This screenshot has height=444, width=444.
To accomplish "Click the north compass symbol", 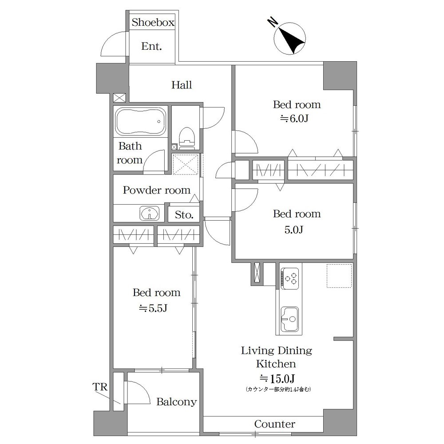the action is [289, 38].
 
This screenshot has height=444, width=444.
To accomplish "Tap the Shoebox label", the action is [153, 22].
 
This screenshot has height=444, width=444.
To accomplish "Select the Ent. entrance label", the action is [151, 46].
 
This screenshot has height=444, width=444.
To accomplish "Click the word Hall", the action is [182, 85].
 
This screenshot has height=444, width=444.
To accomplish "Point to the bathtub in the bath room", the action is [141, 121].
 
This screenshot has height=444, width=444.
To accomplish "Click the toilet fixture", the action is [186, 138].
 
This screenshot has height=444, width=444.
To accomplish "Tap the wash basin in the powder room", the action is [149, 213].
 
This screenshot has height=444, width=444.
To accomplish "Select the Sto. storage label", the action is [184, 214].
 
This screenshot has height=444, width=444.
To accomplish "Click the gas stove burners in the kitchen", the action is [289, 278].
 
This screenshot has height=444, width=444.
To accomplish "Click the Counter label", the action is [275, 424].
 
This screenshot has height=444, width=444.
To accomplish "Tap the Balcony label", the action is [177, 401].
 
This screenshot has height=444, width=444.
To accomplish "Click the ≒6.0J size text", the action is [294, 119].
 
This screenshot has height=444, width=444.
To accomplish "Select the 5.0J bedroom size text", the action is [294, 230].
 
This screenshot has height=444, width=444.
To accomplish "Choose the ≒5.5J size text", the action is [153, 308].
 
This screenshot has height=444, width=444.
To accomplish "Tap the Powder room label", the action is [157, 190].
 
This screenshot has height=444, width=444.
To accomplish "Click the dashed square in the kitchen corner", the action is [340, 276].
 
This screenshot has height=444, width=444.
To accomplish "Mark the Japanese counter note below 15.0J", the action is [278, 389].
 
